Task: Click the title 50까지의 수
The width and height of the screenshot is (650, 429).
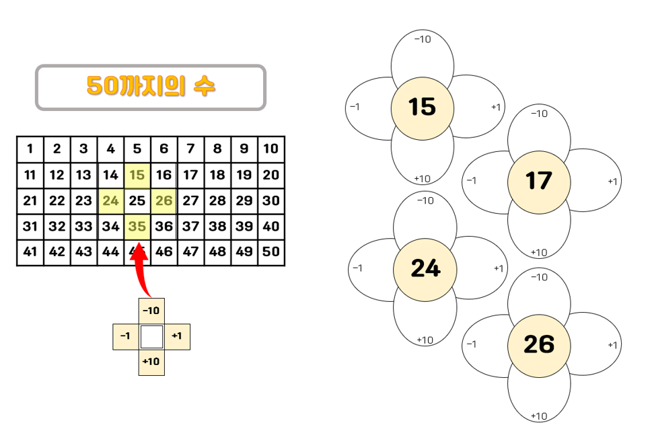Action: click(x=151, y=87)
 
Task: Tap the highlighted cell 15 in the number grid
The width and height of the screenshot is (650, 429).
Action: click(x=137, y=175)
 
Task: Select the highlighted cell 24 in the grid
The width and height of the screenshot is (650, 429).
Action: click(x=110, y=201)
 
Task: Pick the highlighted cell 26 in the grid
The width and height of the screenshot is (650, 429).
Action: click(x=164, y=201)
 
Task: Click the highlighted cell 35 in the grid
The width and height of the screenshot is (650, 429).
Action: click(x=137, y=227)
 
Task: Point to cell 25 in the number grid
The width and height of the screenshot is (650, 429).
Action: click(x=137, y=201)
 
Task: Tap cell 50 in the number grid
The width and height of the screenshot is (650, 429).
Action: click(x=270, y=252)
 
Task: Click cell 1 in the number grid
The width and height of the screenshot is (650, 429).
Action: click(x=30, y=149)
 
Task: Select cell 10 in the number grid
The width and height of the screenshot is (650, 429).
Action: click(x=270, y=149)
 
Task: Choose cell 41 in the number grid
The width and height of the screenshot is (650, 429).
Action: click(x=30, y=252)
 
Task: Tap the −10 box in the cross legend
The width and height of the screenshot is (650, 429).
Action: click(x=151, y=310)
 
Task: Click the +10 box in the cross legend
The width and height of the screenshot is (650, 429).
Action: click(x=151, y=362)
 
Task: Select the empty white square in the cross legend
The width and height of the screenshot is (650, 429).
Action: click(x=151, y=336)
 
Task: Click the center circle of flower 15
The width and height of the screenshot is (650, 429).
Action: click(x=423, y=108)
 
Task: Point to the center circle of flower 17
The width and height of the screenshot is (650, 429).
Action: click(x=538, y=181)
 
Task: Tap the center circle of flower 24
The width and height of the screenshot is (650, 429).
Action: click(x=425, y=268)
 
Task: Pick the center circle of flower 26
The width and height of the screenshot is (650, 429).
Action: click(x=538, y=344)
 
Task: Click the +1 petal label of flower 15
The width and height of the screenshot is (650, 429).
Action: click(x=496, y=107)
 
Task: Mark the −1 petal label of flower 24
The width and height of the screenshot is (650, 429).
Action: click(x=357, y=268)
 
